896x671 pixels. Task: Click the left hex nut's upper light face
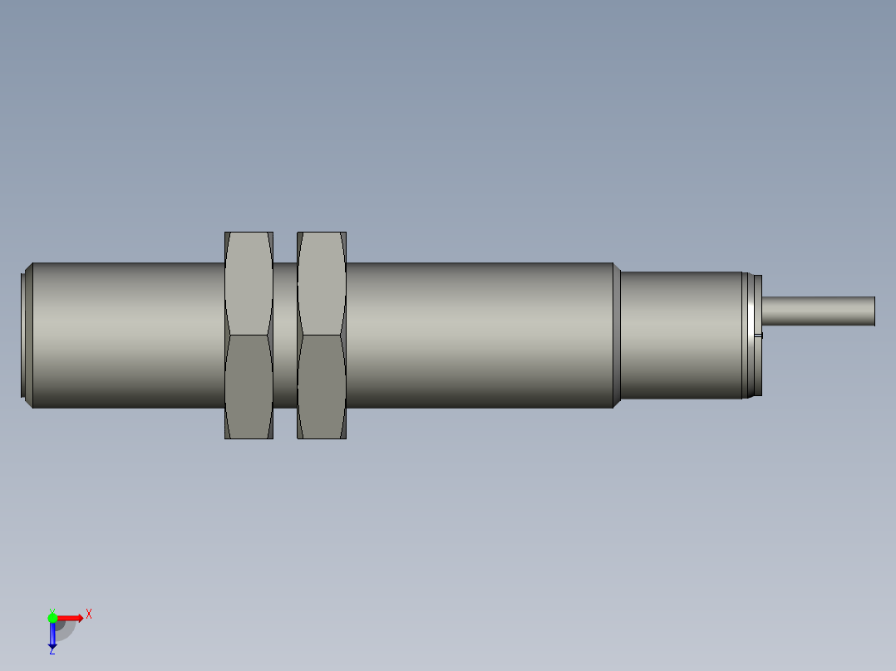(x=249, y=283)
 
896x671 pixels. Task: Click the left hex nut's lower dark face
(x=249, y=386)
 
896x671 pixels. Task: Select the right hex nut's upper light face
(x=322, y=283)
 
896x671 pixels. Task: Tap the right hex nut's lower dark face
(x=322, y=386)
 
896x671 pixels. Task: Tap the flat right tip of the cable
(x=874, y=311)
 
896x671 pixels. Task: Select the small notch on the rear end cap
(x=758, y=335)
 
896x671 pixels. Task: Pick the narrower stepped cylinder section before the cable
(x=682, y=335)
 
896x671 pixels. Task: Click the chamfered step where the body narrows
(x=618, y=335)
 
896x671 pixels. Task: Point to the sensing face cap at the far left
(x=26, y=335)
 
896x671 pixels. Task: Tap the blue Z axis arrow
(x=52, y=635)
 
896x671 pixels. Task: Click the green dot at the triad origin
(x=52, y=617)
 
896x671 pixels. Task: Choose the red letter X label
(x=88, y=614)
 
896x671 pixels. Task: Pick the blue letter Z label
(x=52, y=652)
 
